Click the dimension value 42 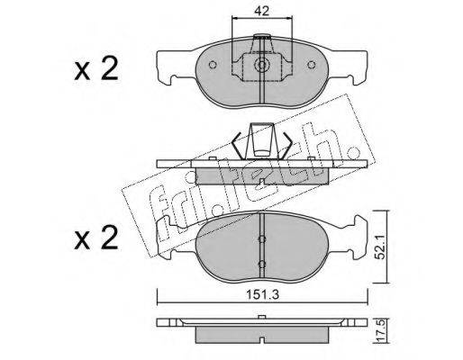point(261,11)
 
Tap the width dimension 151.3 point(262,295)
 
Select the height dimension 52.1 point(381,247)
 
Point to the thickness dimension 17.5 point(381,331)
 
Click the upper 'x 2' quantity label point(96,69)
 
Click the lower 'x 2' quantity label point(96,238)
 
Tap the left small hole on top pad point(213,65)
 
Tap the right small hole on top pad point(312,65)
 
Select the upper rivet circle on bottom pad point(262,238)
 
